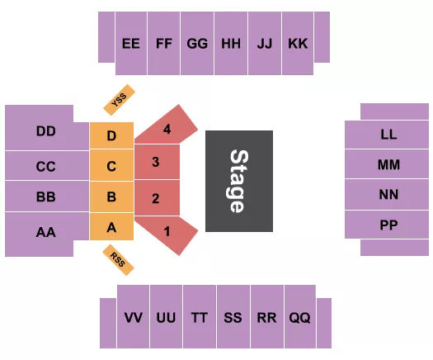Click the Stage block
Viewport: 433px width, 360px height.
(238, 181)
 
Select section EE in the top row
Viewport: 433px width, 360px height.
(130, 44)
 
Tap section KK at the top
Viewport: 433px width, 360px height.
(297, 44)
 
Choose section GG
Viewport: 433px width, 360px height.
(197, 44)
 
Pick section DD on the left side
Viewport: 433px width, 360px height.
(46, 131)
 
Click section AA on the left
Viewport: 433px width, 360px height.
(46, 234)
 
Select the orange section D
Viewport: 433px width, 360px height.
(111, 135)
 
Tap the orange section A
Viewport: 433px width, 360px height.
(111, 227)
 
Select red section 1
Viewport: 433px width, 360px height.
(168, 233)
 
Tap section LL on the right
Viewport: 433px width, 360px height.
(388, 134)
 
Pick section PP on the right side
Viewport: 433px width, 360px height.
(388, 224)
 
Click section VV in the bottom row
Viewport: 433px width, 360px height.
(133, 317)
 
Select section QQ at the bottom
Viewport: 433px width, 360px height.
(299, 317)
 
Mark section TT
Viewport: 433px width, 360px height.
(200, 317)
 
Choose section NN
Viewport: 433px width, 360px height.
(388, 195)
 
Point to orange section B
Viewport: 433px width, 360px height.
(111, 197)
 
